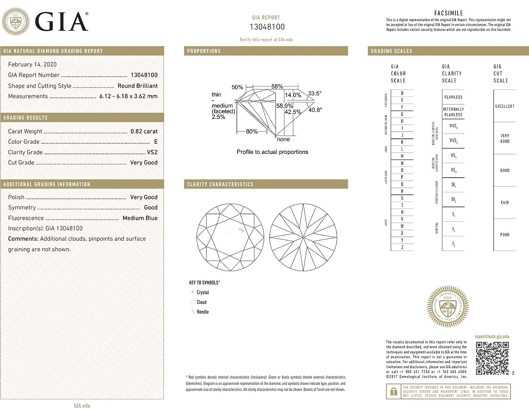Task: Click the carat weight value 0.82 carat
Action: (x=144, y=131)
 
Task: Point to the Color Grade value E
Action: (x=155, y=142)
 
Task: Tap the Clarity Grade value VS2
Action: (x=152, y=152)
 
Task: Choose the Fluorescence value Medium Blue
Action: (x=140, y=218)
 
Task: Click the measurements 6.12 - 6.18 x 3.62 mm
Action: (x=128, y=96)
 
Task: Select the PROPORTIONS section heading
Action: (x=204, y=51)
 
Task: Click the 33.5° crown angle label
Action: (x=315, y=93)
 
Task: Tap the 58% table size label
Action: (x=277, y=87)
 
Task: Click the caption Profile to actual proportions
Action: (x=272, y=152)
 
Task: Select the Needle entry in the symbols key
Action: (x=202, y=312)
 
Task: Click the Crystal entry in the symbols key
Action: (x=202, y=293)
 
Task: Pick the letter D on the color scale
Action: (x=402, y=93)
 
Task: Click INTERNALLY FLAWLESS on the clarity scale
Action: (x=453, y=112)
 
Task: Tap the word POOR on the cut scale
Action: (x=504, y=235)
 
